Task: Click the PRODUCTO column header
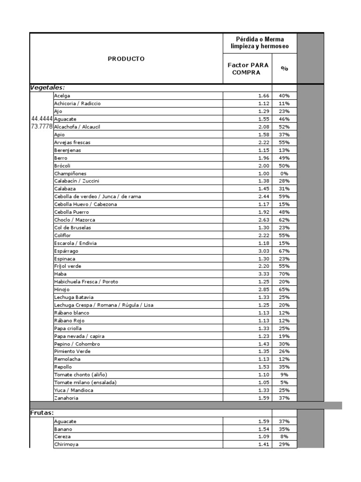pyautogui.click(x=126, y=59)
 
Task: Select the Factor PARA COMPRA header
pyautogui.click(x=247, y=69)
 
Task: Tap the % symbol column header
pyautogui.click(x=284, y=68)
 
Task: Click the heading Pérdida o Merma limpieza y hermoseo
pyautogui.click(x=259, y=43)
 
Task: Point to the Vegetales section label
pyautogui.click(x=47, y=88)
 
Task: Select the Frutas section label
pyautogui.click(x=42, y=413)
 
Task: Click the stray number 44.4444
pyautogui.click(x=42, y=119)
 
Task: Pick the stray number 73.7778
pyautogui.click(x=42, y=127)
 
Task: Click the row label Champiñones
pyautogui.click(x=70, y=173)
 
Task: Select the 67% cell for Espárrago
pyautogui.click(x=284, y=251)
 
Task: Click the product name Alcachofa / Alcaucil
pyautogui.click(x=77, y=127)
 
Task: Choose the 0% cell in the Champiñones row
pyautogui.click(x=284, y=173)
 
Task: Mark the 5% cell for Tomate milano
pyautogui.click(x=284, y=382)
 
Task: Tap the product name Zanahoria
pyautogui.click(x=66, y=398)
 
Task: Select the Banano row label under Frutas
pyautogui.click(x=63, y=429)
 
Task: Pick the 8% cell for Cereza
pyautogui.click(x=284, y=437)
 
